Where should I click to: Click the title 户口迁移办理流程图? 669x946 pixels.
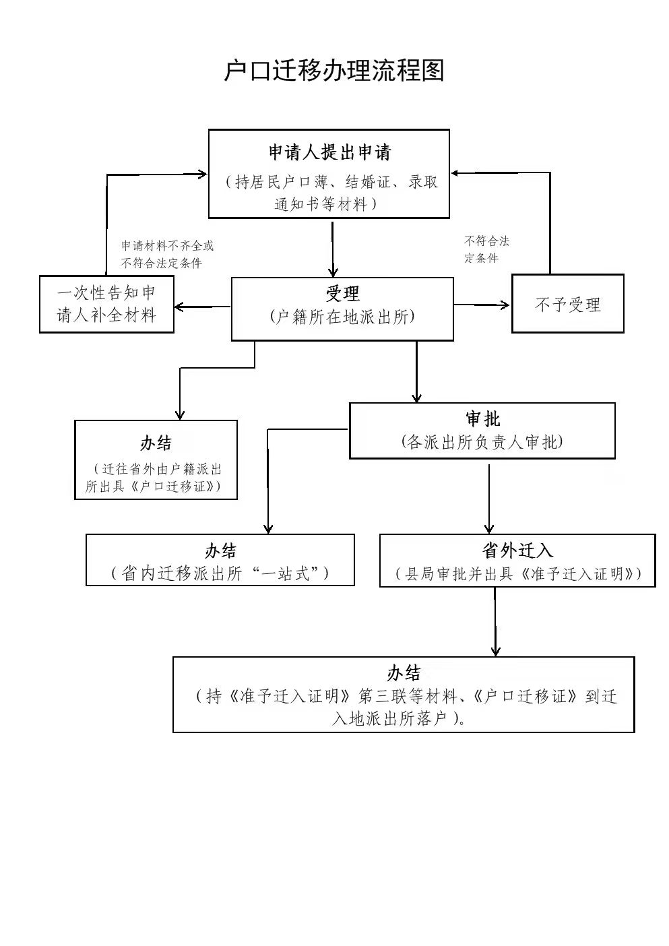(334, 70)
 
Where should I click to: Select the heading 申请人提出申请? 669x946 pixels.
(329, 152)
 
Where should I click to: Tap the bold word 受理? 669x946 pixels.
(342, 294)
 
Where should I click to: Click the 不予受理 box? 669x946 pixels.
(567, 304)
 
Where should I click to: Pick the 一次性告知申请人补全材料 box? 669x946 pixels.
(106, 304)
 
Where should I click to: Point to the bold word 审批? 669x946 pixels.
(482, 419)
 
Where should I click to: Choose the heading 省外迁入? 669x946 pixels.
(517, 550)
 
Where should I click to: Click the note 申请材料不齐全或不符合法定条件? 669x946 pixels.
(166, 255)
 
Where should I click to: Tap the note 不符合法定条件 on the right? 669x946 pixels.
(486, 249)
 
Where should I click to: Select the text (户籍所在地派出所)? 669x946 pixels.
(342, 317)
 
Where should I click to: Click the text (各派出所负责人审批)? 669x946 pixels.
(482, 442)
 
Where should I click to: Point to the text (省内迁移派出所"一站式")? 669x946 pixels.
(220, 573)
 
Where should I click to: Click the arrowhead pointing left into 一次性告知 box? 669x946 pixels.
(181, 307)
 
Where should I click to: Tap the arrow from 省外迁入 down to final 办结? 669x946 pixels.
(495, 620)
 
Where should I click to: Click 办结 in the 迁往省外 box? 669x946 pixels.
(156, 443)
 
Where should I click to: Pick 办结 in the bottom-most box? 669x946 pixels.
(404, 673)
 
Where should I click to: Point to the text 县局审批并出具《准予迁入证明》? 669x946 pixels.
(517, 574)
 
